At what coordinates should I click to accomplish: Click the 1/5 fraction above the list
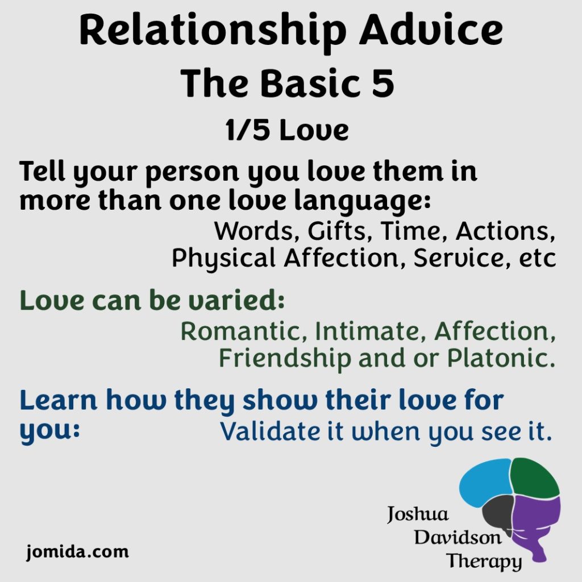tap(243, 131)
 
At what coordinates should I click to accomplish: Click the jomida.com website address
tap(77, 551)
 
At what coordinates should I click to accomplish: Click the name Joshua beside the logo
tap(418, 515)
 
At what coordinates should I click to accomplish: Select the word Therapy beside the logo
tap(484, 562)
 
